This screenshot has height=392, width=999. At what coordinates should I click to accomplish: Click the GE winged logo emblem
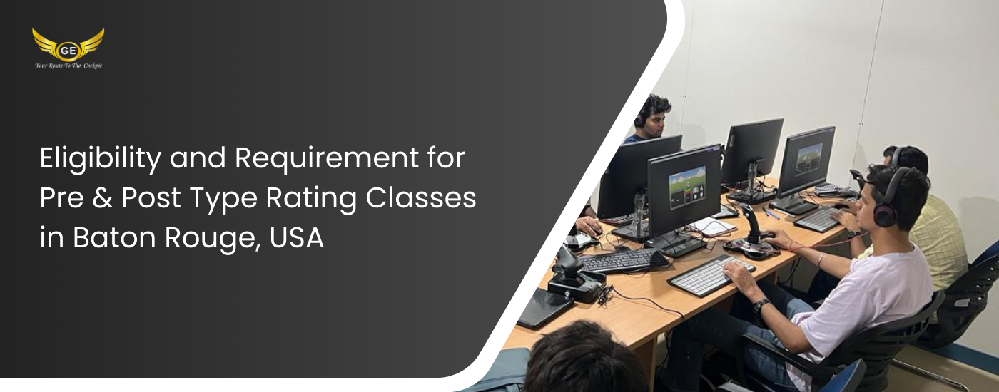pos(69,45)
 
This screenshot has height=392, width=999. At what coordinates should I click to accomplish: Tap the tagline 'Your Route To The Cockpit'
pos(69,66)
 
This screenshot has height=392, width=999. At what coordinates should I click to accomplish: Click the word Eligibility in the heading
pos(101,158)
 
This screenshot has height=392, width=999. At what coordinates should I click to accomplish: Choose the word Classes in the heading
pos(421,198)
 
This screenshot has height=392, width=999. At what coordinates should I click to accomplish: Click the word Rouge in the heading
pos(213,239)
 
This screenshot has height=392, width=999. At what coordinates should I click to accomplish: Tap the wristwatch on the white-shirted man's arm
pos(761,305)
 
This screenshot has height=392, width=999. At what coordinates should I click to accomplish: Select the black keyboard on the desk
pos(623,261)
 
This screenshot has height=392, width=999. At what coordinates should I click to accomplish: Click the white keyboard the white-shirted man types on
pos(711,277)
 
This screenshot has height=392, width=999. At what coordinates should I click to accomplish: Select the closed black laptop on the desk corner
pos(544,307)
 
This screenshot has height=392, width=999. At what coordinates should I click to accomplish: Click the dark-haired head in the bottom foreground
pos(585,358)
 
